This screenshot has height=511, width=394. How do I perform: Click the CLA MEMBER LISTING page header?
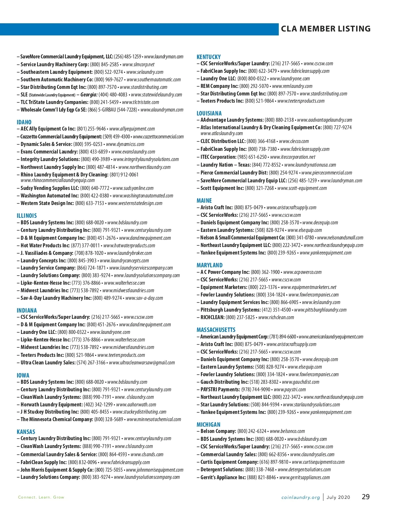pos(325,29)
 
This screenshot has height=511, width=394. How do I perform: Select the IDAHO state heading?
pos(24,122)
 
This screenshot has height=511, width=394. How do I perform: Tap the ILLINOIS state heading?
pos(27,216)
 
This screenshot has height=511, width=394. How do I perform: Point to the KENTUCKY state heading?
pos(208,57)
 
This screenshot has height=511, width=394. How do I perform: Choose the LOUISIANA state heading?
pos(209,113)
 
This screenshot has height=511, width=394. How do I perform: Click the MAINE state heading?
pos(204,201)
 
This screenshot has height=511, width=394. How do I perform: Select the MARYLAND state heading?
pos(209,265)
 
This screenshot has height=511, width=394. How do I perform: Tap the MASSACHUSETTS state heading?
pos(216,330)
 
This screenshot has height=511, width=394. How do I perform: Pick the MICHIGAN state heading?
pos(208,425)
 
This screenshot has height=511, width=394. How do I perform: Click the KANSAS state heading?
pos(26,432)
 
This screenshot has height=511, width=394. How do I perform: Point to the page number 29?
pos(366,497)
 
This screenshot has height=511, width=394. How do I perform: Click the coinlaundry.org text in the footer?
pos(300,498)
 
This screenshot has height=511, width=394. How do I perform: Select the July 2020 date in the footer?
pos(338,498)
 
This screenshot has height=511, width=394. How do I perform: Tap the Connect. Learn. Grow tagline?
pos(41,498)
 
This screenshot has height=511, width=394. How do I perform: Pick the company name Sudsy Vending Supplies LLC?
pos(50,188)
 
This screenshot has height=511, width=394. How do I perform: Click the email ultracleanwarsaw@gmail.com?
pos(142,363)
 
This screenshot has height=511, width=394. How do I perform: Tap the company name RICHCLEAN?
pos(212,317)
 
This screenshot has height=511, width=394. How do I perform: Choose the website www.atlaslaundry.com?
pos(222,133)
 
